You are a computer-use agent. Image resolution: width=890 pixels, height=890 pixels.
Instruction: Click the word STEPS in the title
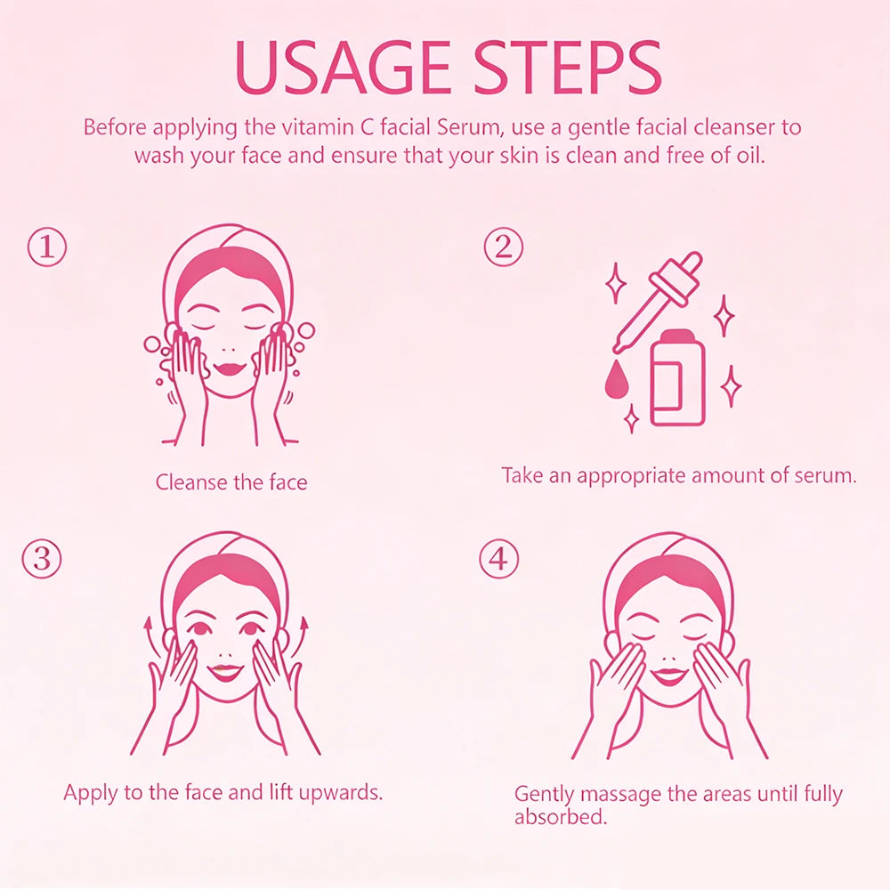[568, 68]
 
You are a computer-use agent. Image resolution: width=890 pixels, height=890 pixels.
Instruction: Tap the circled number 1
[47, 247]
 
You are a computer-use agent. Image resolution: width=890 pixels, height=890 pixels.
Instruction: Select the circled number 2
[503, 247]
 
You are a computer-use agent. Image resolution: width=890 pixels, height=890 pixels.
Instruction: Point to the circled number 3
[42, 559]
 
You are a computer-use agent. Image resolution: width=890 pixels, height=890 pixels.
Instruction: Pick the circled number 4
[498, 559]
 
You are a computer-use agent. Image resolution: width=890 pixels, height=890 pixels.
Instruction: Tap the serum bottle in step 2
[677, 377]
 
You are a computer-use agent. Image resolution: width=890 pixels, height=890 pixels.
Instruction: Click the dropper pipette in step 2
[658, 302]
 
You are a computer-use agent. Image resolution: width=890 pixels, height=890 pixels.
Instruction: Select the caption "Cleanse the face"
[231, 482]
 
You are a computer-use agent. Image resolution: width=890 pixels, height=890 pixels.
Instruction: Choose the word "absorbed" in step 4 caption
[561, 817]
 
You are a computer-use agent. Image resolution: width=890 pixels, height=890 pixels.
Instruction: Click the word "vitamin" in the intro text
[310, 126]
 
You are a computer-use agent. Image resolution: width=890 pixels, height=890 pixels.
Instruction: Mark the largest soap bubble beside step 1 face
[306, 330]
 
